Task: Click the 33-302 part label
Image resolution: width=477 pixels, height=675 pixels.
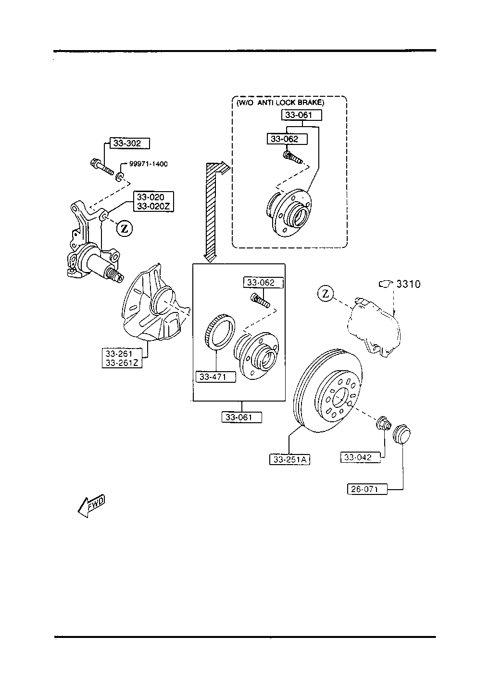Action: click(x=129, y=143)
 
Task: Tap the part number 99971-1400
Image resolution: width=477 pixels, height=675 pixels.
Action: click(x=149, y=164)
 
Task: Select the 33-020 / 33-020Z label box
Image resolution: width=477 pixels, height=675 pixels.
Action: click(x=153, y=202)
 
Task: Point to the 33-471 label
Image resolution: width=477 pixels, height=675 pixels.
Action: click(x=215, y=376)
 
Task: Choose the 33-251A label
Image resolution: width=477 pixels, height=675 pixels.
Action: click(x=289, y=459)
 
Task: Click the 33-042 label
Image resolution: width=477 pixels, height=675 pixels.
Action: click(x=360, y=457)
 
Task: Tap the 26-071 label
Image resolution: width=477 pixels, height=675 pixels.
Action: click(x=367, y=489)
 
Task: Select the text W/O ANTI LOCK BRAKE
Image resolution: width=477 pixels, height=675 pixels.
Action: click(x=280, y=103)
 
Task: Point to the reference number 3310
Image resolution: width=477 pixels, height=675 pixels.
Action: click(x=408, y=284)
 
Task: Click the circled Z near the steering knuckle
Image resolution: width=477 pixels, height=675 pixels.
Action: click(x=124, y=229)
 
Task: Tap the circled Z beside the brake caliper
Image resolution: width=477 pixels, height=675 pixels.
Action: click(x=326, y=294)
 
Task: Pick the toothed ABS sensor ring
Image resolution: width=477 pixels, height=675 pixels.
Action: click(x=220, y=331)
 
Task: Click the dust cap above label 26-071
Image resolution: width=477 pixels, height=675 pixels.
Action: click(x=402, y=434)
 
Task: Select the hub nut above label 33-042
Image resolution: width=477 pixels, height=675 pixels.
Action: click(x=384, y=423)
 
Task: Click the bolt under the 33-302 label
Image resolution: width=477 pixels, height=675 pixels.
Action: click(x=102, y=167)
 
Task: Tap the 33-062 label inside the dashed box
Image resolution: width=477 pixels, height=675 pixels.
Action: click(x=287, y=139)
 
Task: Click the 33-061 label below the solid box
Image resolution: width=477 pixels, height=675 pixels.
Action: click(x=242, y=417)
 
